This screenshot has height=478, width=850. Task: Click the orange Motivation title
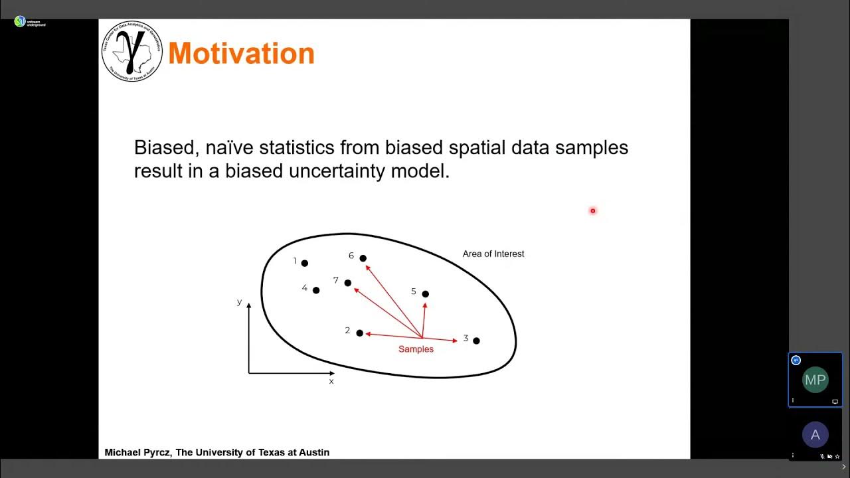241,53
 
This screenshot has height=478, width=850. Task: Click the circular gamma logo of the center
131,51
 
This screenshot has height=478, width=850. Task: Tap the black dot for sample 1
305,264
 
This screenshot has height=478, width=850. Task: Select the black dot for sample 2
360,333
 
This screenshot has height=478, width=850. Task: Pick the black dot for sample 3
476,341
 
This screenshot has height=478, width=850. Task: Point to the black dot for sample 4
316,290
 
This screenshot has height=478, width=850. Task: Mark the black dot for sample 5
426,294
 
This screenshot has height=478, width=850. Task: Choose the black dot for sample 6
363,258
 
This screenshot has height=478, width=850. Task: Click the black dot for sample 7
348,283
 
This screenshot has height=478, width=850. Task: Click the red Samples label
416,349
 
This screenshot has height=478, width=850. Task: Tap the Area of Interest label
493,254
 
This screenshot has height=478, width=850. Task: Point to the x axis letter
331,381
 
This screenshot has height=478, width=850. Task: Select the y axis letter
240,302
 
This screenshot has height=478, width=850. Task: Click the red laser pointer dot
593,211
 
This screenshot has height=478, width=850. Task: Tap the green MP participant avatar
815,380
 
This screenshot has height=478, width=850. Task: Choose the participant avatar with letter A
815,436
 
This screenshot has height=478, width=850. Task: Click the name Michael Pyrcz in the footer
137,453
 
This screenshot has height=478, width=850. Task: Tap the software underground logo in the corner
20,21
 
